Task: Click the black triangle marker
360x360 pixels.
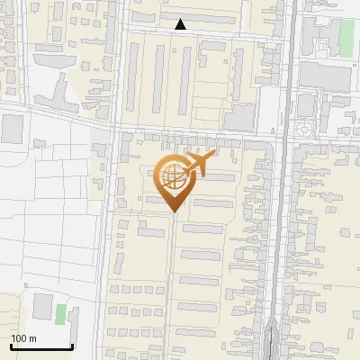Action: coord(181,24)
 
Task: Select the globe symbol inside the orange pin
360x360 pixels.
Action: coord(171,175)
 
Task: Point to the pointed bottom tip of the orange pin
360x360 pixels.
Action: coord(174,211)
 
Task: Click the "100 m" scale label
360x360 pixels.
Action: coord(23,338)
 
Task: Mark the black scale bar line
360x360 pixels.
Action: coord(41,347)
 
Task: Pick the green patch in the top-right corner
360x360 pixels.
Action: coord(346,37)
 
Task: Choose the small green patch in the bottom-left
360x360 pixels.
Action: coord(60,314)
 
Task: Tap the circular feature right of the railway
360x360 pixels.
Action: coord(303,130)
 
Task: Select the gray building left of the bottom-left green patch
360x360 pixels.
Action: coord(42,306)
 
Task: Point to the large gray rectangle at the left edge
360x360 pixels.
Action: coord(12,129)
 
